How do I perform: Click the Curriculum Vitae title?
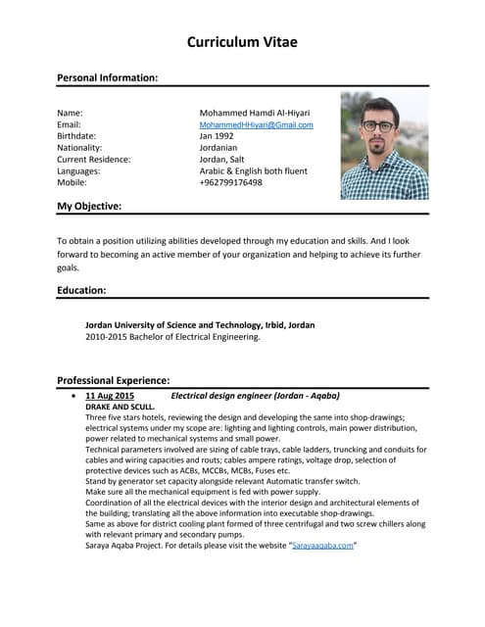242,42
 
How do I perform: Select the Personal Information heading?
107,76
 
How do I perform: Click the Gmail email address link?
256,125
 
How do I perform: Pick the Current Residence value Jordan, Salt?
226,159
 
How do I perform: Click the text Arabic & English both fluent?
253,170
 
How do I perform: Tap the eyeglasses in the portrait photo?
379,126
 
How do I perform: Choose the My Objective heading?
89,206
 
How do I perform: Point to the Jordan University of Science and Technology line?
200,324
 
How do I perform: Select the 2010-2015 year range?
108,337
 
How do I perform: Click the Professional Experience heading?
114,379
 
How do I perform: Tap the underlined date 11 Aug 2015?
110,395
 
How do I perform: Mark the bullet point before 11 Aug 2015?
74,396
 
